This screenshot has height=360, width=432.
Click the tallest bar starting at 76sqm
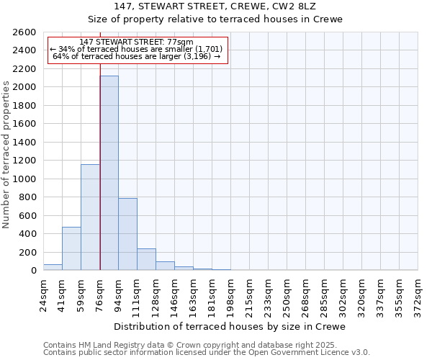pos(109,173)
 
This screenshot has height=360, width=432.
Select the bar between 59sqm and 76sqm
pos(90,217)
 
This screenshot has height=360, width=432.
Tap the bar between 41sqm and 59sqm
pos(71,248)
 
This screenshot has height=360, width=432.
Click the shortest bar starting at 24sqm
pos(53,267)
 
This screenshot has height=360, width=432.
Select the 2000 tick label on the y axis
pos(24,87)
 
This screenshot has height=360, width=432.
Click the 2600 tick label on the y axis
pos(24,32)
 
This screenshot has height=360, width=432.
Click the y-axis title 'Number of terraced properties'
pos(7,155)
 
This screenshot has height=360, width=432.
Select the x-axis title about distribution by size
pos(230,326)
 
